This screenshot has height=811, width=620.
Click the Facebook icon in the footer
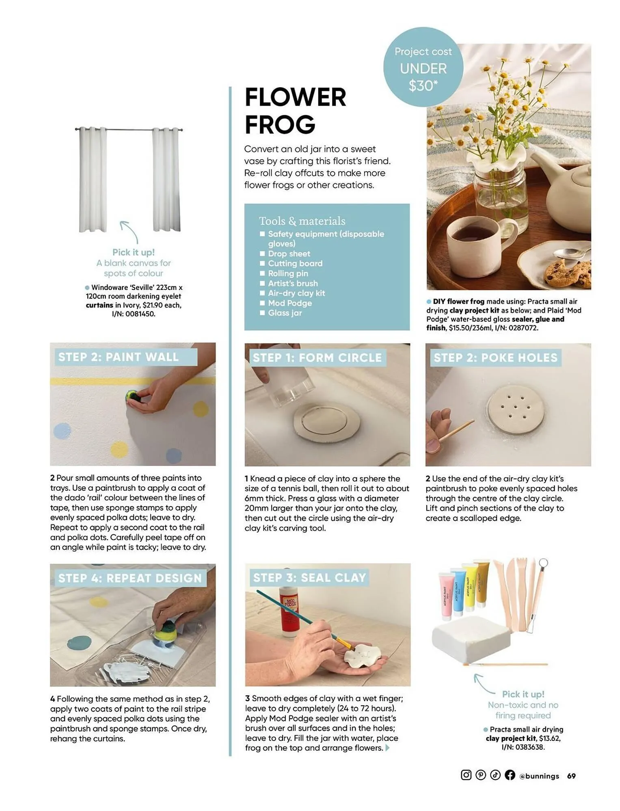point(510,775)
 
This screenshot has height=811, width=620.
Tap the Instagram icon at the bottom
point(466,775)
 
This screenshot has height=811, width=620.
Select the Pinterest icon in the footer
point(480,775)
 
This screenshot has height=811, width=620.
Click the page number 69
point(571,776)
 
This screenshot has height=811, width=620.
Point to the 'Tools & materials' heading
point(302,221)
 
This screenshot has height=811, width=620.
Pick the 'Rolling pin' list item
point(288,273)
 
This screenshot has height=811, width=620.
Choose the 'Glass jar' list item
point(285,313)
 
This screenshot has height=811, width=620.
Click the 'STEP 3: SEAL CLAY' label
point(309,577)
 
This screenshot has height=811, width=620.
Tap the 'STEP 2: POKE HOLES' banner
point(495,358)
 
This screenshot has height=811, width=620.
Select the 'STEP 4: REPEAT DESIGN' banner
point(130,578)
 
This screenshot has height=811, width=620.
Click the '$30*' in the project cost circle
point(423,86)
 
